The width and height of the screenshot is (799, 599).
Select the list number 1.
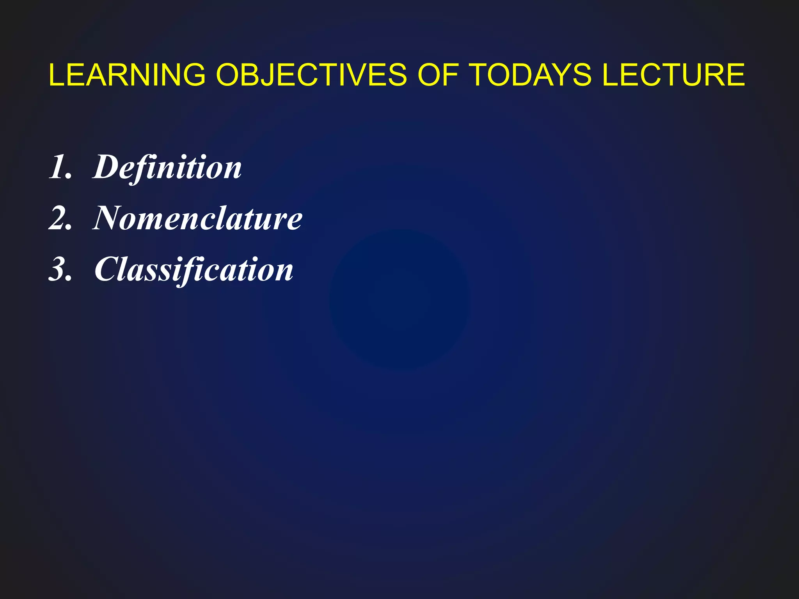[x=60, y=167]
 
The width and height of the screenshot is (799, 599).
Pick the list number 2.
[x=60, y=218]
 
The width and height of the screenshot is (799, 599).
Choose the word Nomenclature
[x=197, y=218]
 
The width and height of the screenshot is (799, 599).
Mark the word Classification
[x=194, y=270]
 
